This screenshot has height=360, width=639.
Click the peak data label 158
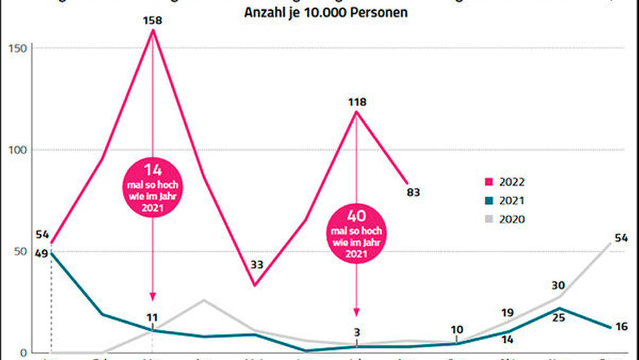[x=153, y=20]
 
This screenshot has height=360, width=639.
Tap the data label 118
[x=357, y=102]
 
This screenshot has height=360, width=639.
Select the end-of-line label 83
[x=413, y=191]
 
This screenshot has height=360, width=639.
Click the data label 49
[x=42, y=253]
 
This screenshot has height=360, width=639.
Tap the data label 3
[x=357, y=331]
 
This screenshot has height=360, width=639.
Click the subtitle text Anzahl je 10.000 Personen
[x=326, y=12]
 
